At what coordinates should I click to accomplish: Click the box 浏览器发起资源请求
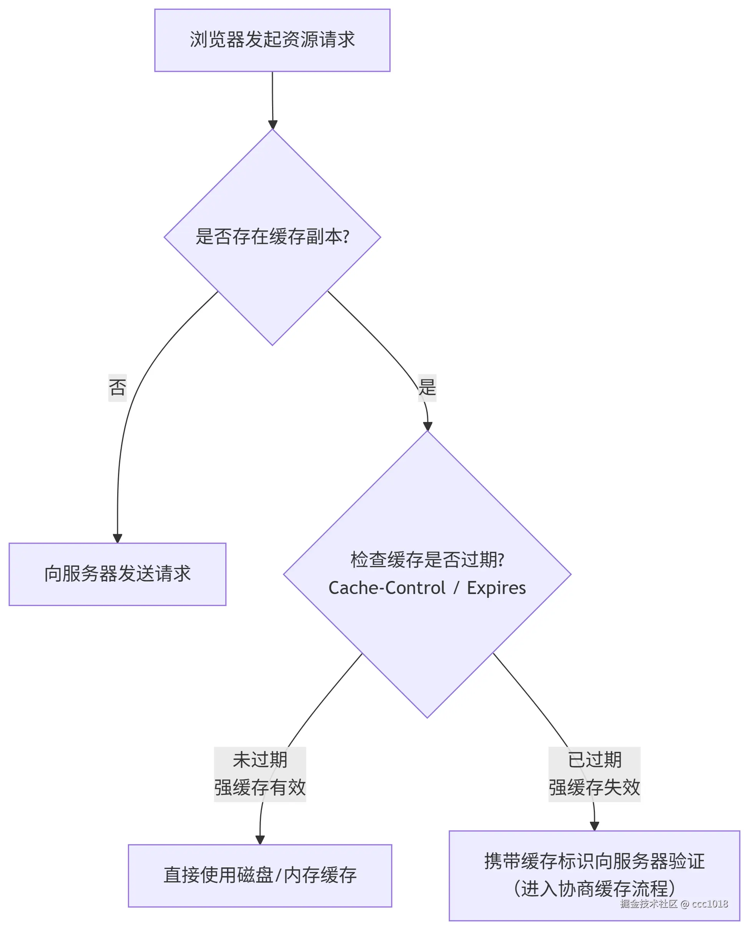[x=272, y=40]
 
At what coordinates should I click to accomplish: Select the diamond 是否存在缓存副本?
[x=272, y=237]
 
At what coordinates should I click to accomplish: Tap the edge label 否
[x=118, y=387]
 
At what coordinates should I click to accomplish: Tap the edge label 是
[x=427, y=387]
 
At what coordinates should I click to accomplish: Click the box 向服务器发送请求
[x=118, y=574]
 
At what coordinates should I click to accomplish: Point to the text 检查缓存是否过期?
[x=427, y=560]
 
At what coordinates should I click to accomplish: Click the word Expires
[x=496, y=588]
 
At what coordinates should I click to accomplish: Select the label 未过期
[x=260, y=760]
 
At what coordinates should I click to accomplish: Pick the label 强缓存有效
[x=260, y=788]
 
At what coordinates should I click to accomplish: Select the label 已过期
[x=595, y=760]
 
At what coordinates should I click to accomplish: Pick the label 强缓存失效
[x=595, y=788]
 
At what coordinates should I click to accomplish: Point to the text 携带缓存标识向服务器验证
[x=595, y=861]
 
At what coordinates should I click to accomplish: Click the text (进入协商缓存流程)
[x=595, y=889]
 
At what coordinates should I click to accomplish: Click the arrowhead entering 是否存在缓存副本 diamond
[x=272, y=125]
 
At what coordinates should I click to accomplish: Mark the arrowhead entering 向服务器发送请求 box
[x=118, y=538]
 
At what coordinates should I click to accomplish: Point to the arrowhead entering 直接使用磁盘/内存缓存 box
[x=260, y=840]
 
